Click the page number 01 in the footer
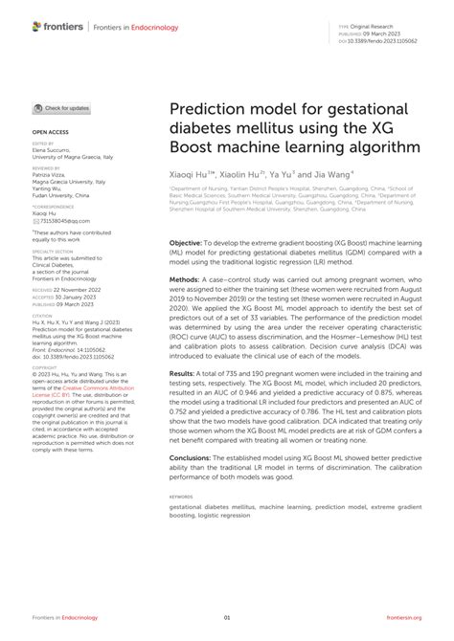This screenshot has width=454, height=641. pos(227,617)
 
